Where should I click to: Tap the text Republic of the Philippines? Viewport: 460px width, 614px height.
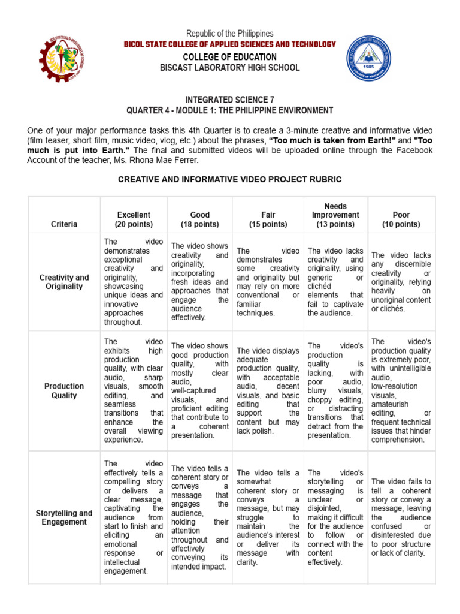pyautogui.click(x=230, y=34)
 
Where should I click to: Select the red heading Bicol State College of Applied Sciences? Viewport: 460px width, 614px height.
pyautogui.click(x=230, y=44)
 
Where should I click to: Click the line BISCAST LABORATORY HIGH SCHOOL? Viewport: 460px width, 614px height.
pyautogui.click(x=230, y=68)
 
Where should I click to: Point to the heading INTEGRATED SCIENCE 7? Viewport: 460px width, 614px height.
pyautogui.click(x=230, y=99)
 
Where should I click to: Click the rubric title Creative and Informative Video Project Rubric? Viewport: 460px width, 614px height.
pyautogui.click(x=230, y=179)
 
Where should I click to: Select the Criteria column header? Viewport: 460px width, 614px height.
pyautogui.click(x=64, y=224)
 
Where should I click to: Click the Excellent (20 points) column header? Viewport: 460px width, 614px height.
pyautogui.click(x=134, y=219)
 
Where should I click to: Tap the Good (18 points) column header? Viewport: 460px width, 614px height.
pyautogui.click(x=199, y=219)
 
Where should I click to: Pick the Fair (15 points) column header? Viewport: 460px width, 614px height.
pyautogui.click(x=268, y=219)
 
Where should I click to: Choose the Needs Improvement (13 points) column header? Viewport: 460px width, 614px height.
pyautogui.click(x=335, y=215)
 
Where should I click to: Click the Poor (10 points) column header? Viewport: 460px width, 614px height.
pyautogui.click(x=401, y=219)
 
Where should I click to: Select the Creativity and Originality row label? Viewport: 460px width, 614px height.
pyautogui.click(x=64, y=282)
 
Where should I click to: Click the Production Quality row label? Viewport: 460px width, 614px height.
pyautogui.click(x=64, y=391)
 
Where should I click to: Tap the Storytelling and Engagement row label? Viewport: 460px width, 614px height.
pyautogui.click(x=64, y=517)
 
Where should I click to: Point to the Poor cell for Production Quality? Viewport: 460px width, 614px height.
pyautogui.click(x=401, y=390)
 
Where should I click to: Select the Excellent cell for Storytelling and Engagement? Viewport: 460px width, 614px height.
pyautogui.click(x=134, y=517)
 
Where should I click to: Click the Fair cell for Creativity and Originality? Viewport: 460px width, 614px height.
pyautogui.click(x=268, y=282)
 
